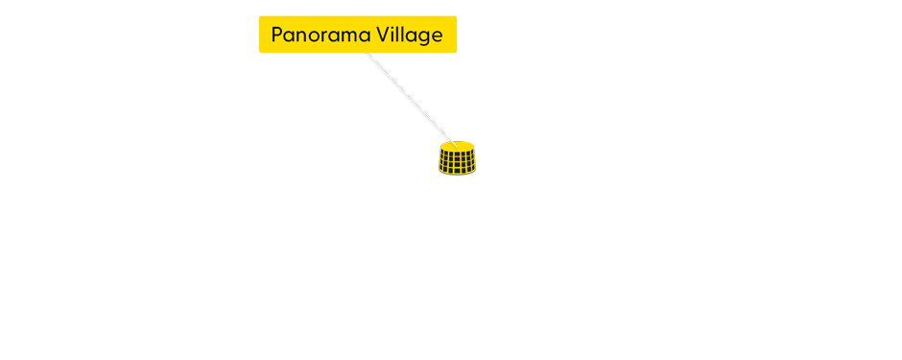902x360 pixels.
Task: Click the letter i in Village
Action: tap(396, 35)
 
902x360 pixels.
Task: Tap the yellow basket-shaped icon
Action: tap(457, 158)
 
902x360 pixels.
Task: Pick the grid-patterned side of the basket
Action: tap(457, 163)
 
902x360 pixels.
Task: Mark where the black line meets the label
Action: tap(366, 54)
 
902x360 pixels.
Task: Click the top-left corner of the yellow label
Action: tap(260, 17)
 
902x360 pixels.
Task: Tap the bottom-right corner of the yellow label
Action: tap(456, 52)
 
